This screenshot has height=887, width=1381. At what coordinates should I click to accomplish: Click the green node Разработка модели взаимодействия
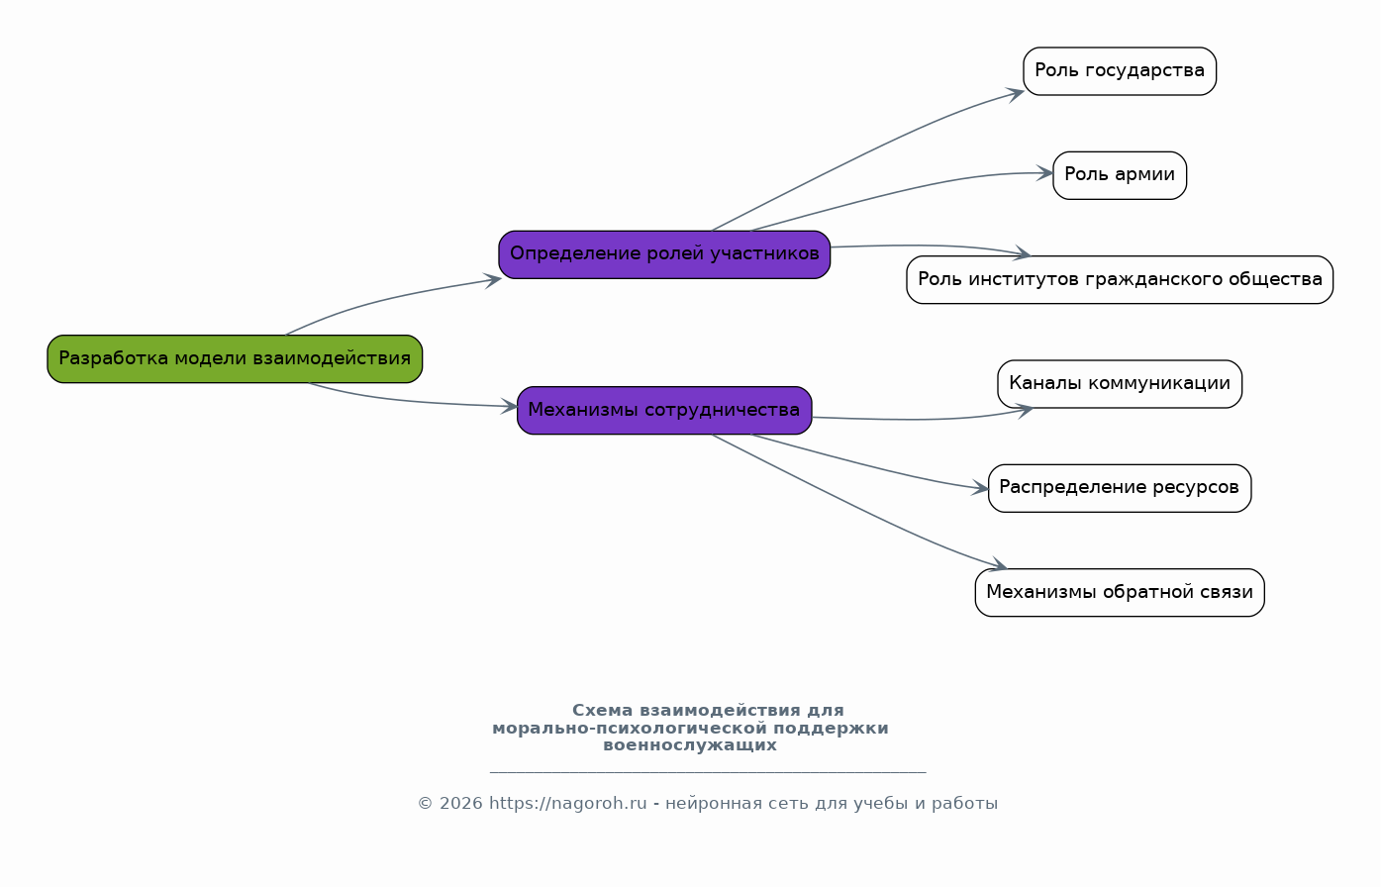click(235, 358)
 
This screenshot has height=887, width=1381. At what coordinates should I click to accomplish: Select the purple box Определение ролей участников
click(664, 254)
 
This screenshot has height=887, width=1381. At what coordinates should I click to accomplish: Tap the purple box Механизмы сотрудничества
click(664, 411)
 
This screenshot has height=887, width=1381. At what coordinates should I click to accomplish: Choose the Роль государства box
click(1120, 71)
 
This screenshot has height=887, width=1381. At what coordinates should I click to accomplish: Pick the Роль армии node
click(1120, 175)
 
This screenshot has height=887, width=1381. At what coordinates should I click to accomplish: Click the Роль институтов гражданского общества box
click(1120, 279)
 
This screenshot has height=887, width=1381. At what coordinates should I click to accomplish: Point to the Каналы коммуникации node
click(1120, 383)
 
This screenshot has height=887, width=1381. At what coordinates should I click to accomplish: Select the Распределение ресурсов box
click(1120, 488)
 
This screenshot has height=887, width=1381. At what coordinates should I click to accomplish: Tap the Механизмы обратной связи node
click(1120, 592)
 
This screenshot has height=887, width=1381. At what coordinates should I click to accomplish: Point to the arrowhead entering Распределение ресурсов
click(980, 488)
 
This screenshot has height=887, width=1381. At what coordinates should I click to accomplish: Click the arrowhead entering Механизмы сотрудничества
click(509, 406)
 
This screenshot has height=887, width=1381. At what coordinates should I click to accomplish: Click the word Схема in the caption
click(602, 711)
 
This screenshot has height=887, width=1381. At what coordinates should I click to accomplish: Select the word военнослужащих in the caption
click(690, 745)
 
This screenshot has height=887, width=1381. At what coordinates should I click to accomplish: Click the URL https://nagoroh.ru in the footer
click(568, 804)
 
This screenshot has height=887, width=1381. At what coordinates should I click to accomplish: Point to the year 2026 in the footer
click(460, 804)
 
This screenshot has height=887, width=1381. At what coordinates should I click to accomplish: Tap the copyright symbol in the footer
click(426, 804)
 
